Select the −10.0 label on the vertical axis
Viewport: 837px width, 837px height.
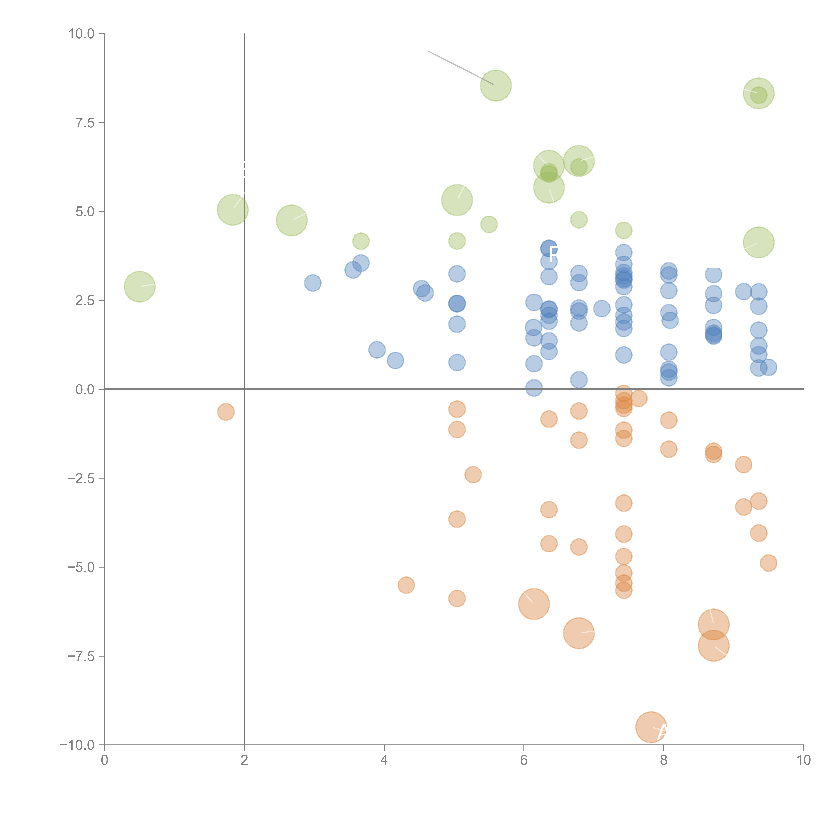point(77,745)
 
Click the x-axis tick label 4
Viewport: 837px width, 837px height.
point(384,760)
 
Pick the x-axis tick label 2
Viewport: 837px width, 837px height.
point(244,760)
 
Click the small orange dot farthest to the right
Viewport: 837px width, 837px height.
point(768,563)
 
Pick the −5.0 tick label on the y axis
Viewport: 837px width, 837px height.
point(81,567)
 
